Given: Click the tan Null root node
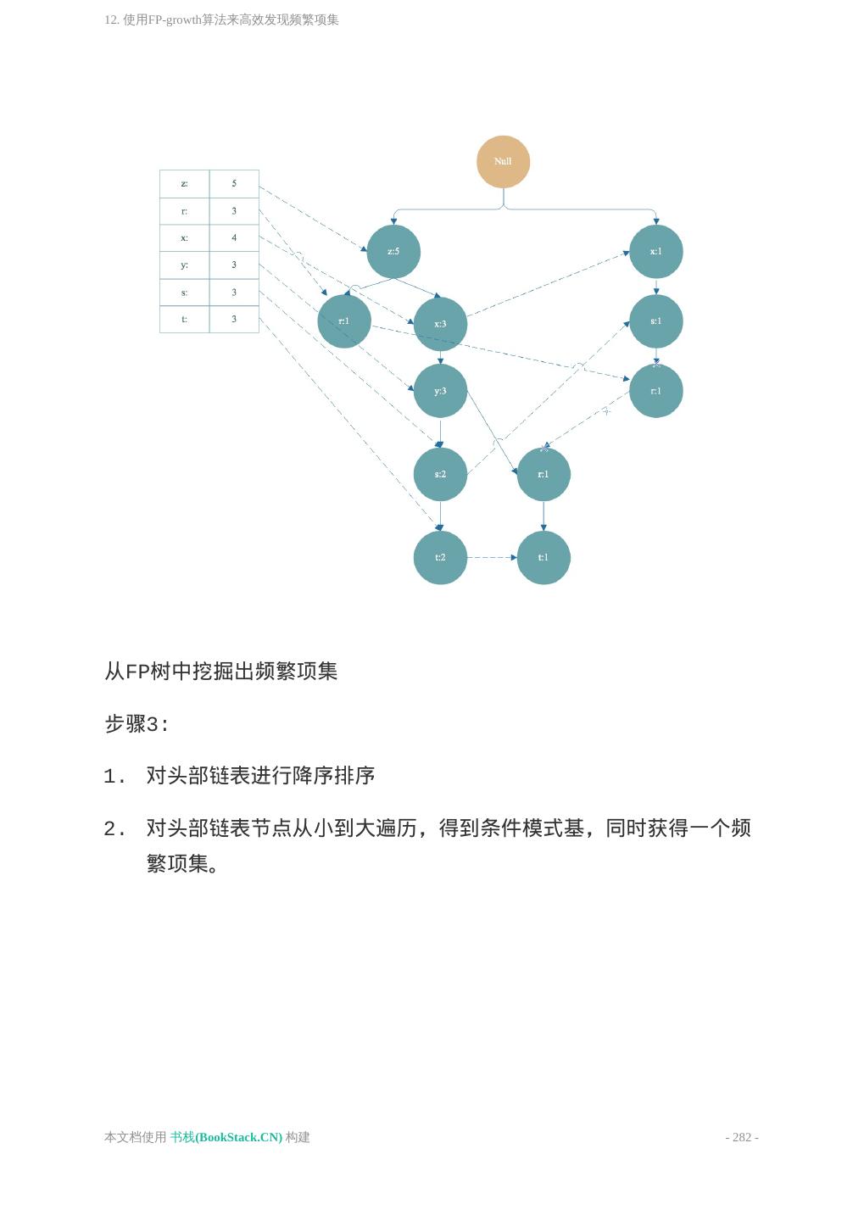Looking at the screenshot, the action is [x=503, y=161].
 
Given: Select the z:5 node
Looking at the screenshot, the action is [x=393, y=252].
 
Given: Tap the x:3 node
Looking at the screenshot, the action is [x=440, y=324].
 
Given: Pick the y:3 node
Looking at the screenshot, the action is [x=440, y=391].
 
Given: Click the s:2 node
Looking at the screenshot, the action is [x=440, y=474].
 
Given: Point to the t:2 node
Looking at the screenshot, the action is [x=440, y=557].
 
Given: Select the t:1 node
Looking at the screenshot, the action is [x=543, y=557].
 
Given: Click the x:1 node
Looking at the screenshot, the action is [x=655, y=252].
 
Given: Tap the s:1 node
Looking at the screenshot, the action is [x=655, y=321].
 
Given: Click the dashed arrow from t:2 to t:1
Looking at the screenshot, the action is [x=492, y=557].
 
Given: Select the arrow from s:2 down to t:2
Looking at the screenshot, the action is [x=440, y=516].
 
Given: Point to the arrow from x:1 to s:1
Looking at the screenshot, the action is [x=655, y=287].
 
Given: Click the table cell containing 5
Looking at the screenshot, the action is [x=234, y=183].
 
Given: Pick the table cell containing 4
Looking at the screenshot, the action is [x=234, y=238].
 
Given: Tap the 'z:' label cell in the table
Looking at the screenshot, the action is [x=185, y=183].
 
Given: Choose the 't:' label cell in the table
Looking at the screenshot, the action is [x=185, y=320].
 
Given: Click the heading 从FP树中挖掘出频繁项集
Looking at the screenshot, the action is [x=221, y=672].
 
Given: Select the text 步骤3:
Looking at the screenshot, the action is [x=137, y=724].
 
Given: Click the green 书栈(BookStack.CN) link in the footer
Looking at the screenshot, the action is [x=226, y=1137].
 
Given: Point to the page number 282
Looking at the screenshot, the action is [x=742, y=1137].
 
